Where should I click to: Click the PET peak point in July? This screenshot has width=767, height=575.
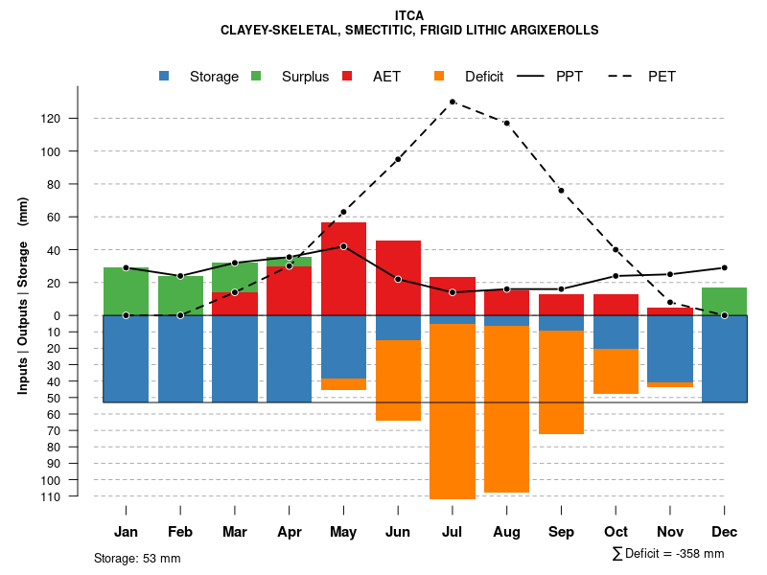pos(452,101)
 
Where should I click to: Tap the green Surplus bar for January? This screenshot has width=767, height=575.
pos(126,291)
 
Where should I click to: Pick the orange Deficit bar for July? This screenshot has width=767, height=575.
pos(452,411)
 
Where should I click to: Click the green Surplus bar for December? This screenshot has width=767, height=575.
pos(725,301)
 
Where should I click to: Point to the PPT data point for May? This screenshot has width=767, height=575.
pos(343,246)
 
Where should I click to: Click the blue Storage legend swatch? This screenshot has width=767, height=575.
pos(165,76)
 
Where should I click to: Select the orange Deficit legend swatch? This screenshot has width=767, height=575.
pos(440,76)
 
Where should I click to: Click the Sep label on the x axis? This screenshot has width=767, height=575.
pos(561,532)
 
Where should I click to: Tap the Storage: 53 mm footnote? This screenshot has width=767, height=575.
pos(137,558)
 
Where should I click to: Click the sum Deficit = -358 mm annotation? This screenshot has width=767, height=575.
pos(667,553)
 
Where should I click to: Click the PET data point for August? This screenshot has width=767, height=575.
pos(506,123)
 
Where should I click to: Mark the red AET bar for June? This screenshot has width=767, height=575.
pos(398,278)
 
